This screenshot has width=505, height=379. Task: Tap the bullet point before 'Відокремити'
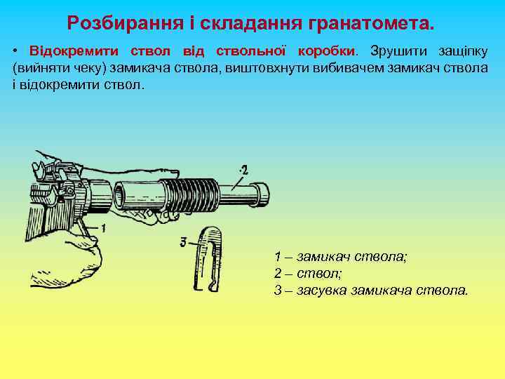coord(15,53)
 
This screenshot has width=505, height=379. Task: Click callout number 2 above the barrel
coord(243,169)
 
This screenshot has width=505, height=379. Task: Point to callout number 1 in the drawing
coord(102,227)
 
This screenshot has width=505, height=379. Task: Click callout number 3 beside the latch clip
coord(183,242)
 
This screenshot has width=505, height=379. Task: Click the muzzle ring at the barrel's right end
coord(262,193)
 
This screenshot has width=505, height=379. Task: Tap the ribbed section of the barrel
coord(191,193)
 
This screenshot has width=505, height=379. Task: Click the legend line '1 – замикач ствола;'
coord(340,256)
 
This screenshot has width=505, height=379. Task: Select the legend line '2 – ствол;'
coord(308,273)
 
